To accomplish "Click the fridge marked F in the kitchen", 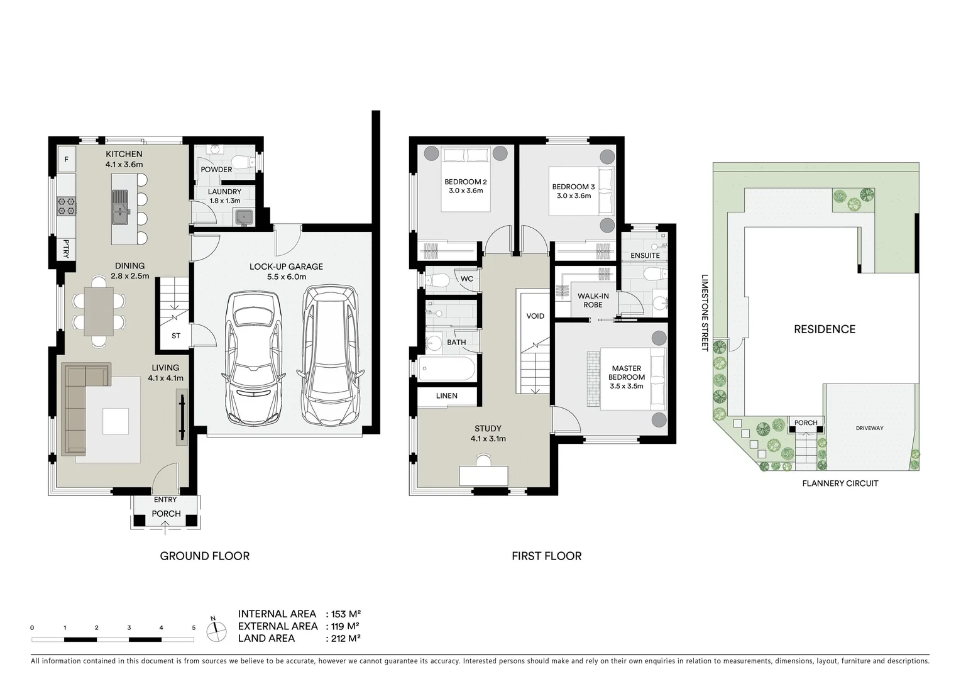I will [66, 160].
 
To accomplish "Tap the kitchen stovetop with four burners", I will [66, 206].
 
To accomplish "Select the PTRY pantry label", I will [65, 248].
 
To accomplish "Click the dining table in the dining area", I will [99, 311].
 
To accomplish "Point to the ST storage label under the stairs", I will [176, 336].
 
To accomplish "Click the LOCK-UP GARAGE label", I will [286, 267].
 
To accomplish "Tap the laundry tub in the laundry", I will [244, 218].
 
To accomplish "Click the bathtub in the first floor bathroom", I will [447, 369].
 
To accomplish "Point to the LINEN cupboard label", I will [447, 395].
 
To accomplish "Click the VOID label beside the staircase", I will [535, 316].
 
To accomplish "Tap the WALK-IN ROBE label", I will [593, 301].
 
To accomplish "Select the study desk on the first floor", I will [483, 475].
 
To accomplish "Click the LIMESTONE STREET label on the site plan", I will [705, 312].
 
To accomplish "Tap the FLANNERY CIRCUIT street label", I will [840, 483].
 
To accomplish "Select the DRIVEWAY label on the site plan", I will [869, 428].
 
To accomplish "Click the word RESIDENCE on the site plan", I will [824, 329].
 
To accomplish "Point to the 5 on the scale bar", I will [194, 627].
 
